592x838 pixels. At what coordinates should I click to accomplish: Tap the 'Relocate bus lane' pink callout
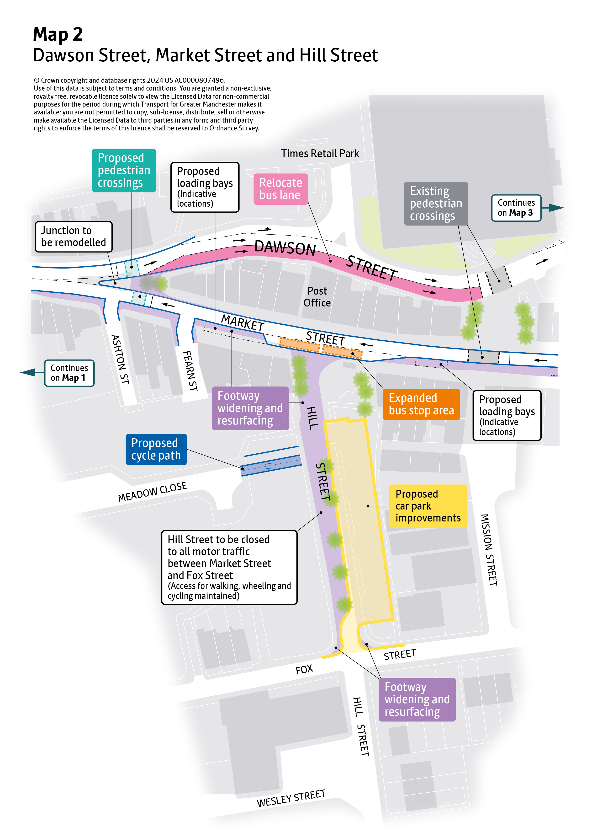[280, 189]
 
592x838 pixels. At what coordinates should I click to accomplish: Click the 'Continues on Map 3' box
[516, 208]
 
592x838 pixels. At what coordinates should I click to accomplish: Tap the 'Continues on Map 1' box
[69, 373]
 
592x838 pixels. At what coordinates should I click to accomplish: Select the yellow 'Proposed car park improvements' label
[428, 506]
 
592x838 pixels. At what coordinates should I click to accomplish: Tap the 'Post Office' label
[317, 297]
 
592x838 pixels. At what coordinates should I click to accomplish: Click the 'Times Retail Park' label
[320, 154]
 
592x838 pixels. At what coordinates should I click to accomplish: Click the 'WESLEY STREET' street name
[291, 798]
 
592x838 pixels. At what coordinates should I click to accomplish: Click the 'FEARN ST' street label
[190, 371]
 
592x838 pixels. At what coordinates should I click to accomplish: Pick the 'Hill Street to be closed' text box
[229, 567]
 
